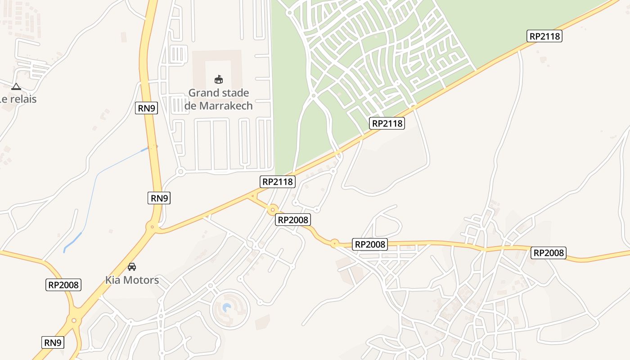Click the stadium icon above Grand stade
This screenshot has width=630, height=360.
pos(219,80)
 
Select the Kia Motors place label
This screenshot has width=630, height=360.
pos(132,280)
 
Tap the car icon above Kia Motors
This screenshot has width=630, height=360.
pos(132,267)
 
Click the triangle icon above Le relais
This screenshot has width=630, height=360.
pos(16,86)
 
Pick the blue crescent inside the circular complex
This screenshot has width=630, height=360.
pos(227,307)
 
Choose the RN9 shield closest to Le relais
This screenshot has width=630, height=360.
pos(147,108)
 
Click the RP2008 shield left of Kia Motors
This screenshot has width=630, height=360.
pos(63,285)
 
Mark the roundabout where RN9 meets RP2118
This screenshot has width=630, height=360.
pos(152,227)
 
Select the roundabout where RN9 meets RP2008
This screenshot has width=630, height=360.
pos(74,320)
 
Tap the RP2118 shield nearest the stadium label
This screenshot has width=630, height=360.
pos(278,182)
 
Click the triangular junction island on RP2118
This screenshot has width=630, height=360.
pos(253,196)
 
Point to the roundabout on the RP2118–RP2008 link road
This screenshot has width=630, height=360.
pos(272,209)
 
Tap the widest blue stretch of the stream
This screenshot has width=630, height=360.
pos(74,240)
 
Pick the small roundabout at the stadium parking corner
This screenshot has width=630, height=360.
pos(180,171)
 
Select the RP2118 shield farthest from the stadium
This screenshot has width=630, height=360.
pos(544,36)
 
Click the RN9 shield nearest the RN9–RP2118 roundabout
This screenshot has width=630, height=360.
pos(159,198)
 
